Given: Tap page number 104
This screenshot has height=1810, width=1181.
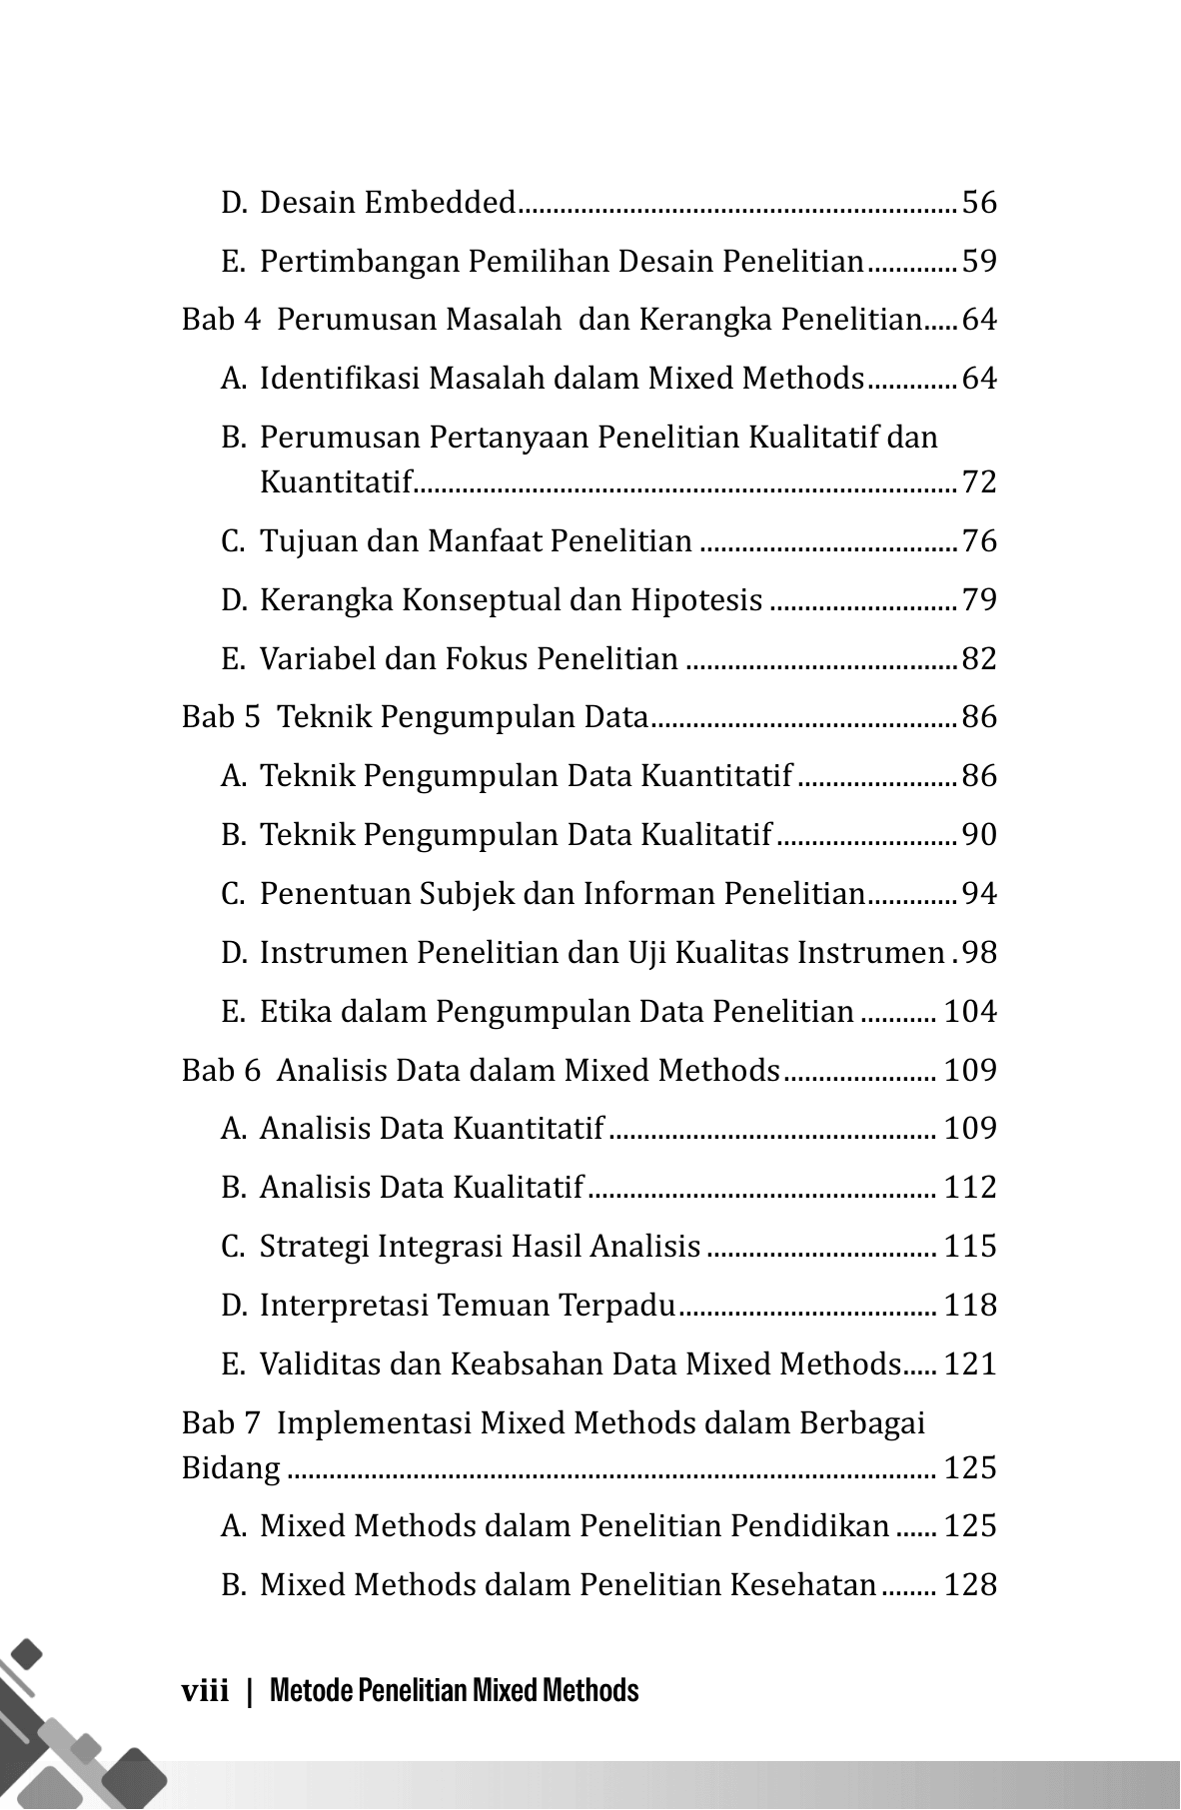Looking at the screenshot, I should (970, 1012).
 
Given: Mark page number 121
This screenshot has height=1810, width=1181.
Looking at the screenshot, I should (970, 1364).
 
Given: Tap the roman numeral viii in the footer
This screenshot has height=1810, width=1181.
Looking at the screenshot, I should (206, 1691).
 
